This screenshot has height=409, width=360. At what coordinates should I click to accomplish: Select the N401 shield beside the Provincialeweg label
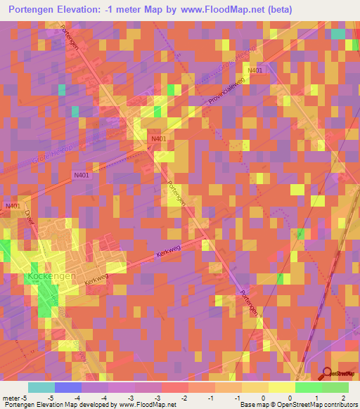[x=255, y=70]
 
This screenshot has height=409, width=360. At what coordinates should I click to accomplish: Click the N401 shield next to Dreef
[x=12, y=205]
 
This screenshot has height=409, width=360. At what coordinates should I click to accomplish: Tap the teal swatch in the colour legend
[x=41, y=387]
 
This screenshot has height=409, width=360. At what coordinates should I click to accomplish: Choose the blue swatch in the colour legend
[x=68, y=387]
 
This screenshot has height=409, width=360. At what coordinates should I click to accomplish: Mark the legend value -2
[x=184, y=398]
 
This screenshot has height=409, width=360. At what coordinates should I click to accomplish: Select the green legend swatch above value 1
[x=308, y=387]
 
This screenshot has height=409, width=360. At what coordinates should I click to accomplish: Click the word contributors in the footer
[x=340, y=405]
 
